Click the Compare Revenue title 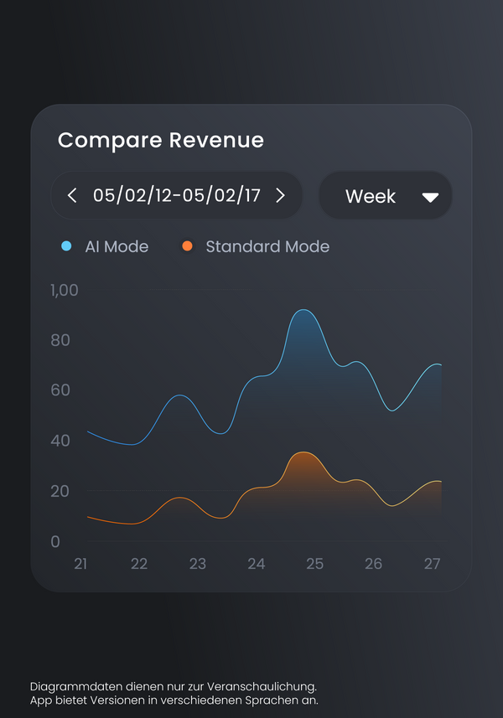click(161, 140)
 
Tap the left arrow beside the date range click(72, 195)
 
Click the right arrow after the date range click(280, 195)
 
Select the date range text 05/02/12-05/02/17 click(176, 195)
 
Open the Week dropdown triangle click(430, 198)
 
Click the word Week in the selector click(371, 196)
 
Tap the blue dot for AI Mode click(66, 246)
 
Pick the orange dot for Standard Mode click(187, 246)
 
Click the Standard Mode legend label click(267, 246)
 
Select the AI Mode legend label click(117, 246)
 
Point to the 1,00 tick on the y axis click(65, 291)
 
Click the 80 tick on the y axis click(60, 340)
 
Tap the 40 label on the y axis click(60, 441)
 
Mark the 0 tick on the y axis click(55, 541)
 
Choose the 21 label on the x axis click(80, 564)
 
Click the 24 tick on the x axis click(256, 564)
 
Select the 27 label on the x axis click(432, 564)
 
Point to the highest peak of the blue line click(303, 310)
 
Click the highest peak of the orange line click(303, 452)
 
